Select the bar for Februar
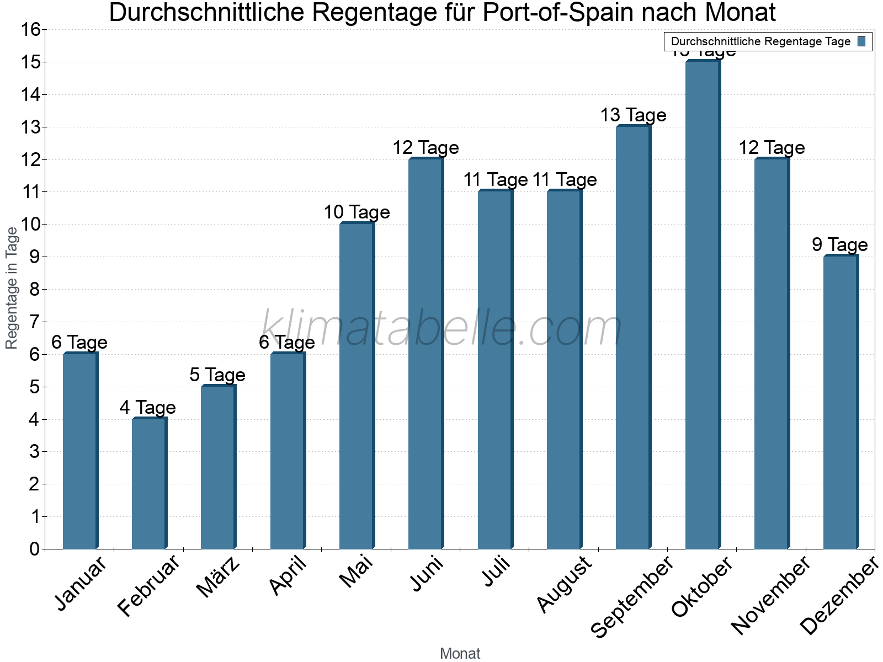(149, 484)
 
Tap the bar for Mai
(357, 386)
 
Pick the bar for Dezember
(841, 402)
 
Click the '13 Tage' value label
(633, 115)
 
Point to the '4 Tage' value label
(147, 408)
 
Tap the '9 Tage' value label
(839, 245)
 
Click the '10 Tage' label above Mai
(357, 212)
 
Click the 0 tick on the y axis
(34, 549)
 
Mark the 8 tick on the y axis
(34, 290)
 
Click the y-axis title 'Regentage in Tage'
(12, 288)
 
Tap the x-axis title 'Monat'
(460, 653)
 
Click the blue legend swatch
(861, 41)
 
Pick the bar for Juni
(425, 354)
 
